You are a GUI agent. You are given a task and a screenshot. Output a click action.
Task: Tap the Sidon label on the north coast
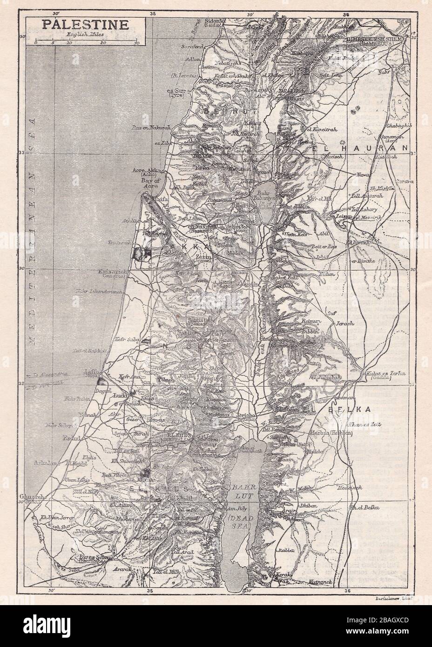click(215, 21)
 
